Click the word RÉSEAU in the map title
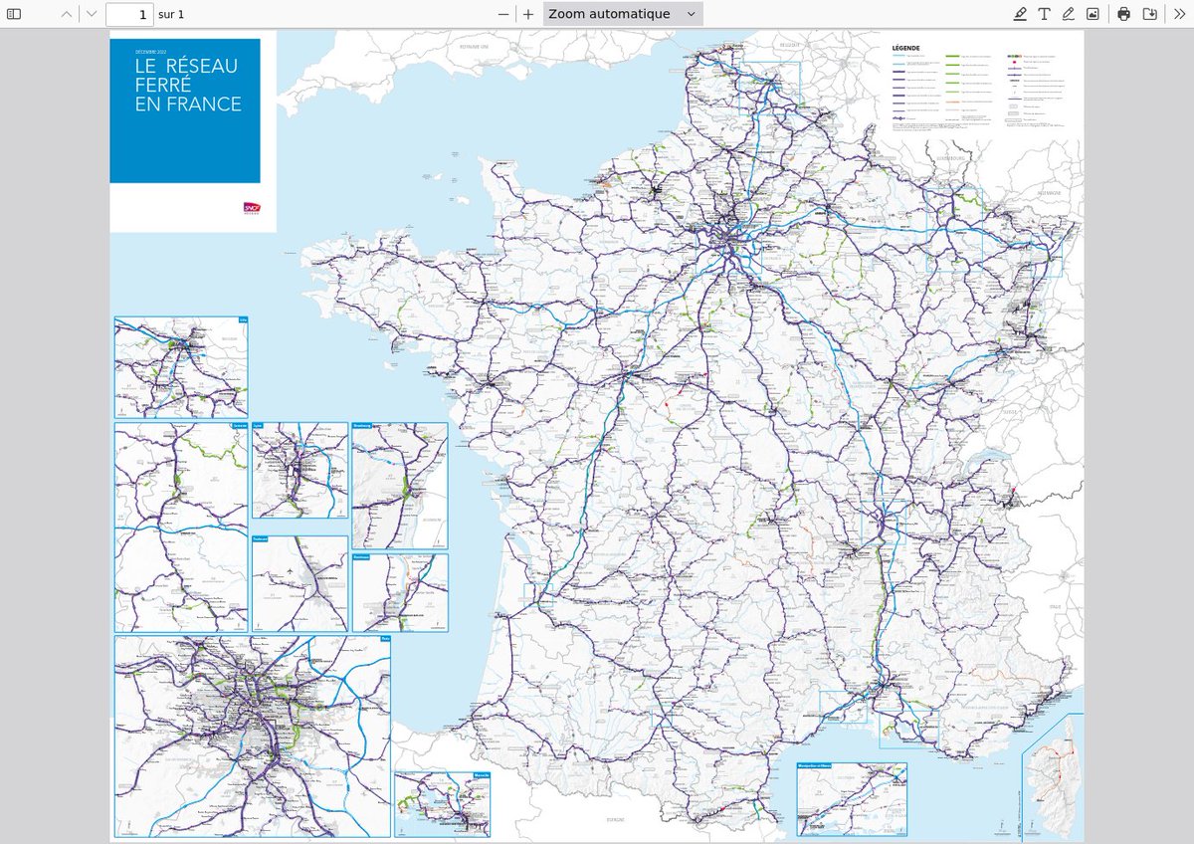tap(202, 67)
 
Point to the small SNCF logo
tap(251, 208)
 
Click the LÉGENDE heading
tap(905, 47)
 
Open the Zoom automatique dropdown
tap(623, 14)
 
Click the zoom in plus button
tap(528, 14)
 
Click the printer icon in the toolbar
tap(1123, 14)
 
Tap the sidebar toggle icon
tap(14, 14)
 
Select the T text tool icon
tap(1045, 14)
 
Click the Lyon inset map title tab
tap(259, 425)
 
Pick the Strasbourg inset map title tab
tap(361, 425)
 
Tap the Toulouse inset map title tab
tap(261, 539)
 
